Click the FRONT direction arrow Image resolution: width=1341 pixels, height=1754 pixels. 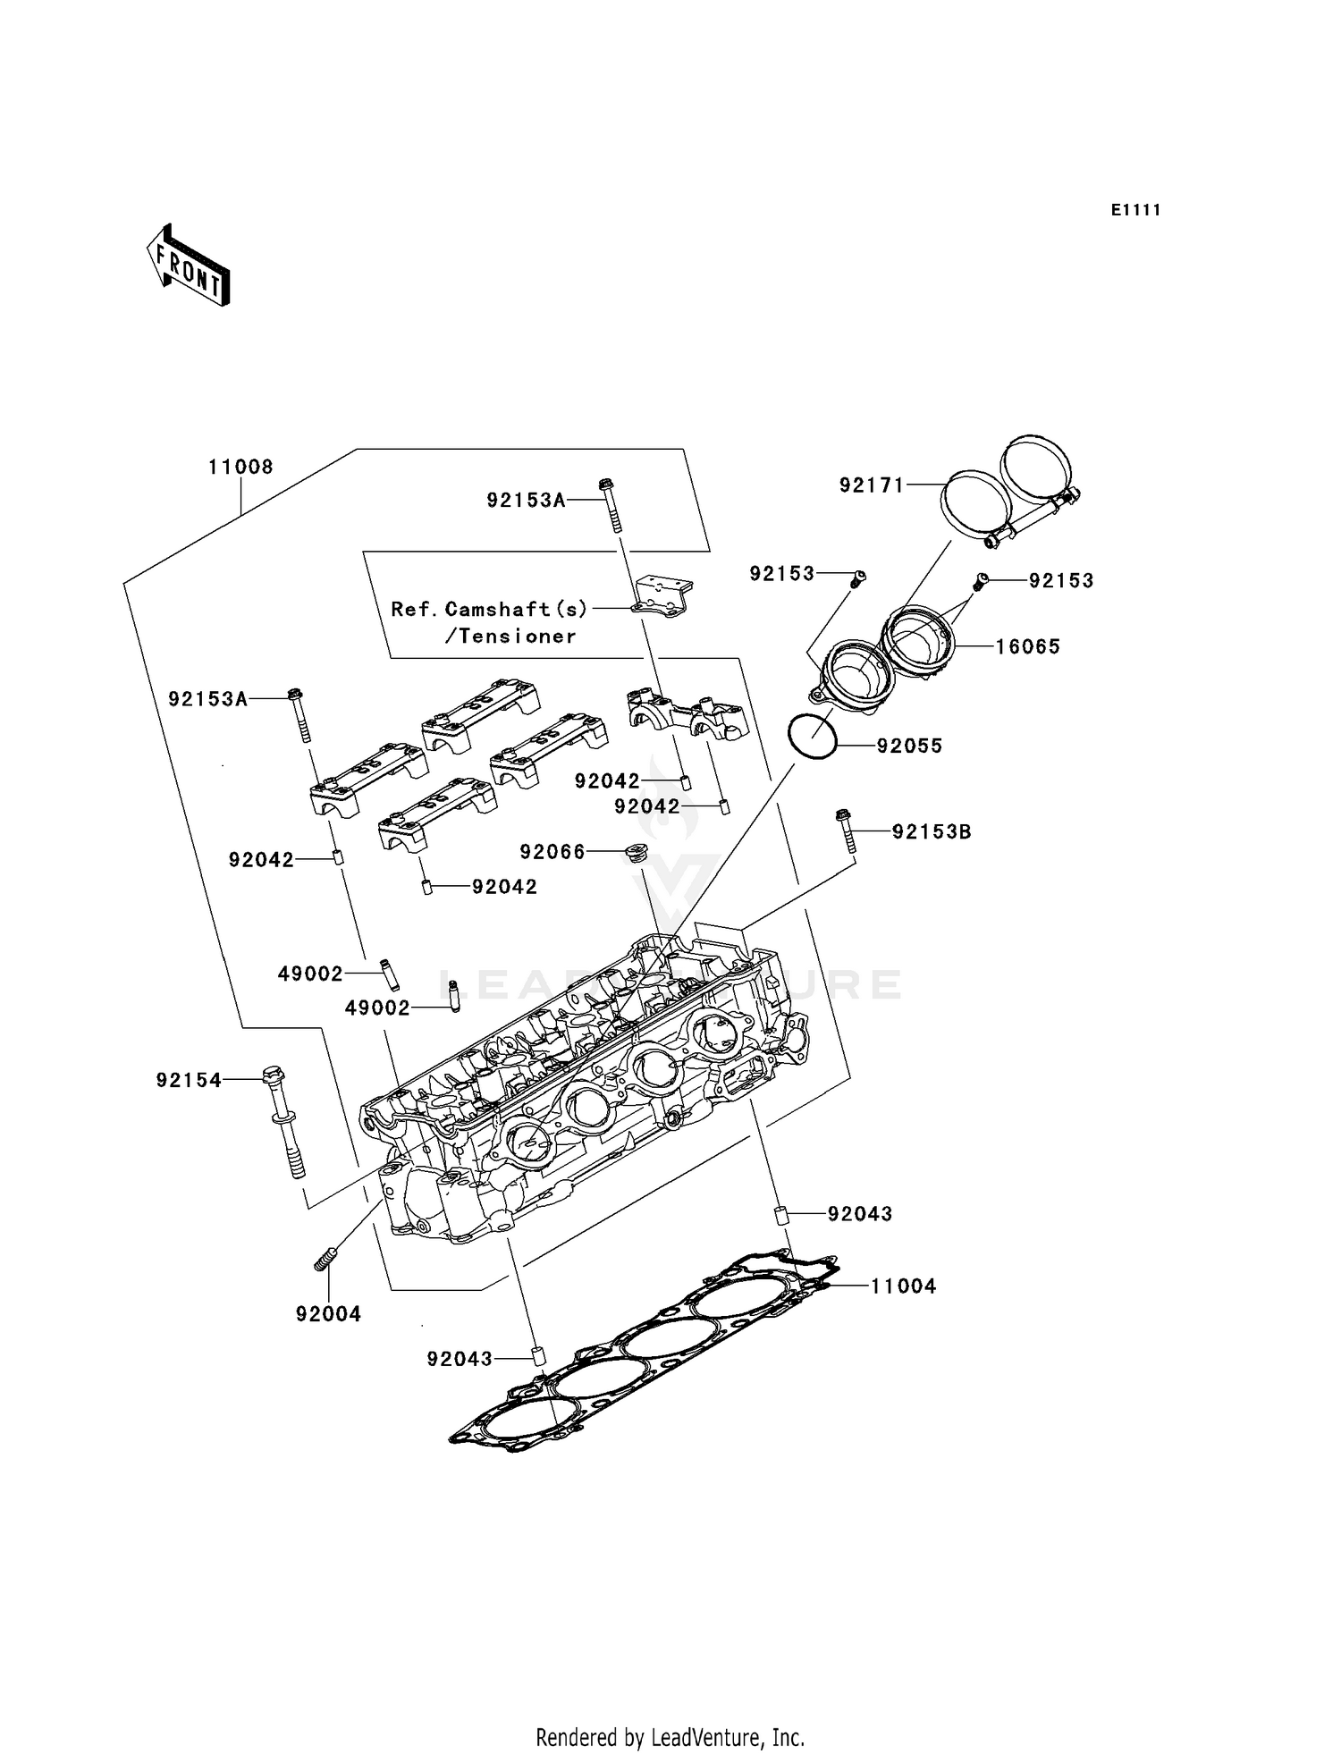[x=189, y=266]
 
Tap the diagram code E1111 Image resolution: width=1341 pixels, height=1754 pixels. [x=1135, y=210]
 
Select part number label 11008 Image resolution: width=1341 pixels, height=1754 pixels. [x=240, y=467]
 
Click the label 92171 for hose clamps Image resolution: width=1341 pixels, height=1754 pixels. [x=872, y=485]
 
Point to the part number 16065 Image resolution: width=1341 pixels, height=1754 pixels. [x=1028, y=646]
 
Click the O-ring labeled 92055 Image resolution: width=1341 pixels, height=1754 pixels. [x=813, y=737]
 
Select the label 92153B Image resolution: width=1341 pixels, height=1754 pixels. [x=932, y=831]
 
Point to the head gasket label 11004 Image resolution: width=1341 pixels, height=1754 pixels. [x=904, y=1286]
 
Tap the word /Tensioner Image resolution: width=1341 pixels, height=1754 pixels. [x=510, y=637]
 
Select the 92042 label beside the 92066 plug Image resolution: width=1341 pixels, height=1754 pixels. [x=607, y=781]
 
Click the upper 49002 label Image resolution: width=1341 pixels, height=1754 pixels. [x=310, y=974]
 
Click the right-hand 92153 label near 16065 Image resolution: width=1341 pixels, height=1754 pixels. [x=1061, y=580]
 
